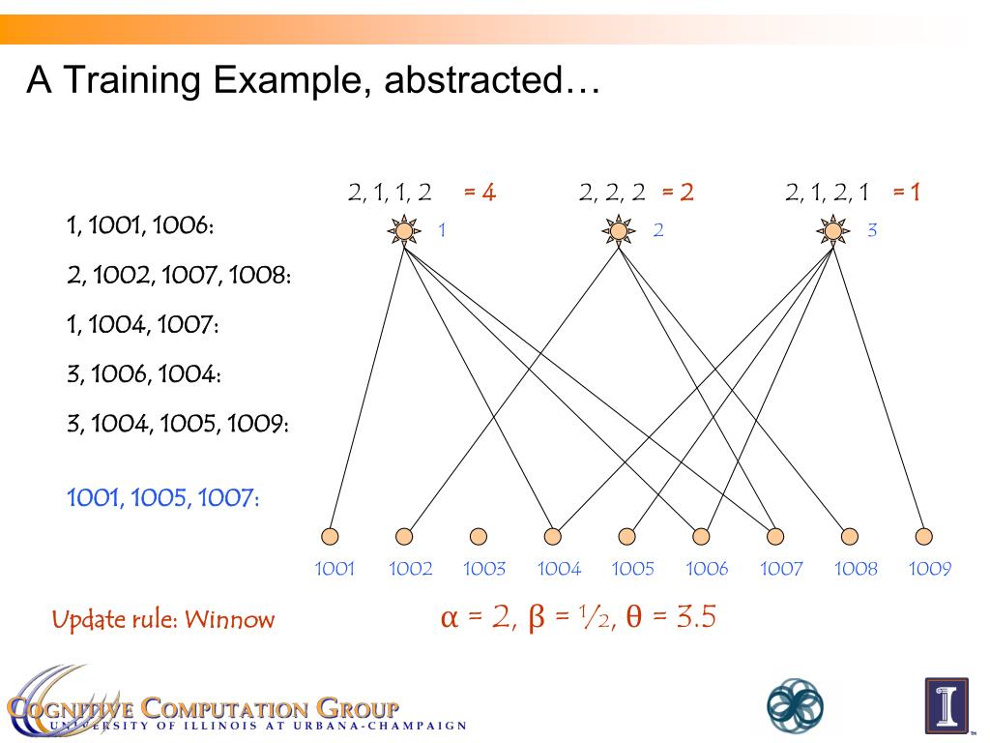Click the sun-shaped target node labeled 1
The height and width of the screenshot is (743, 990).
(403, 231)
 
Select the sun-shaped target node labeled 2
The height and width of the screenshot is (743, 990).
(619, 231)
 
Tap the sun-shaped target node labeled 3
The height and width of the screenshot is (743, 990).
(832, 231)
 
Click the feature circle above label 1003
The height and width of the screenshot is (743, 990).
(479, 536)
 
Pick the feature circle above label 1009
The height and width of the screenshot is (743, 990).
(924, 536)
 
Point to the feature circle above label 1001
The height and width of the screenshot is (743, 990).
(330, 536)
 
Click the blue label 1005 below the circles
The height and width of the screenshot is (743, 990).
(633, 569)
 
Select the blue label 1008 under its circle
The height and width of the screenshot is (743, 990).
(856, 569)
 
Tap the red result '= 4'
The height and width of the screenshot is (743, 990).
(480, 193)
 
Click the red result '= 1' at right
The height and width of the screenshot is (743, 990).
(906, 193)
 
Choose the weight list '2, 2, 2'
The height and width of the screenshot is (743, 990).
(612, 193)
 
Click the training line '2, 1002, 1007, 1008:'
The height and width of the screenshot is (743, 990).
(179, 276)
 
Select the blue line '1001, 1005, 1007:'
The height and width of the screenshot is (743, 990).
(162, 498)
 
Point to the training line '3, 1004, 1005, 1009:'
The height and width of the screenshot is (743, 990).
(178, 424)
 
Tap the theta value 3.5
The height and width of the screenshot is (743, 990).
(696, 616)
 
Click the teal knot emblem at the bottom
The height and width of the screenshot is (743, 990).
(795, 704)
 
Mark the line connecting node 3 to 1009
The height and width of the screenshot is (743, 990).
(880, 387)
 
